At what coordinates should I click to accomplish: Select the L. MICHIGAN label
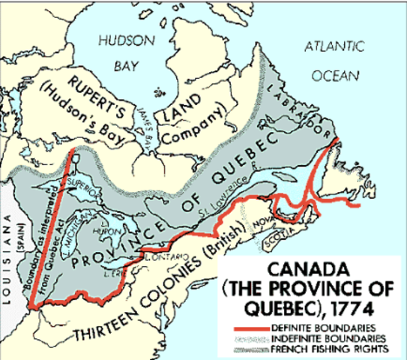(90, 224)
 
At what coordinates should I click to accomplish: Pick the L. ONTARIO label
(154, 258)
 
